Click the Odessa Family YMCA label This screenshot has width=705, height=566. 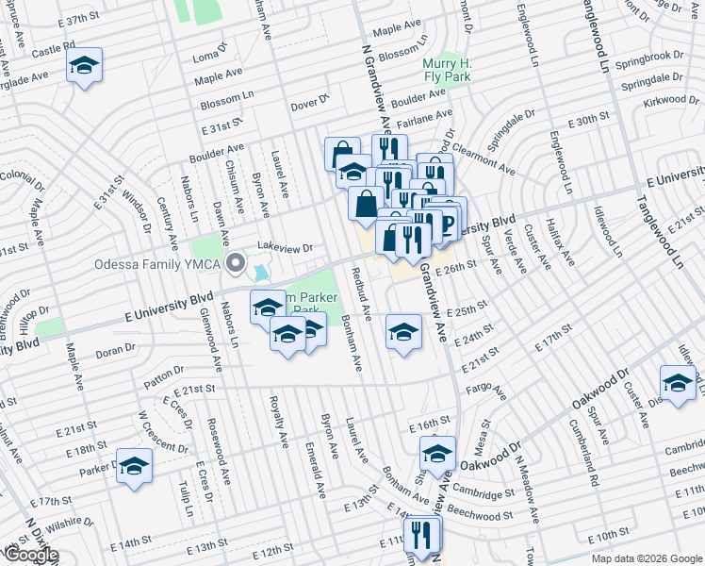click(x=156, y=264)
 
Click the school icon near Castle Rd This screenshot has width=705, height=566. click(x=85, y=66)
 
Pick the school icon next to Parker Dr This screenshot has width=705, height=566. click(x=134, y=466)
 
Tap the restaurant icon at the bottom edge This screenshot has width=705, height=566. click(x=421, y=533)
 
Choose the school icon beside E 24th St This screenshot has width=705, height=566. click(x=403, y=332)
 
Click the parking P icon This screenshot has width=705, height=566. click(x=447, y=223)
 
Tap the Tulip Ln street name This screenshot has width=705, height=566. click(x=185, y=492)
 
